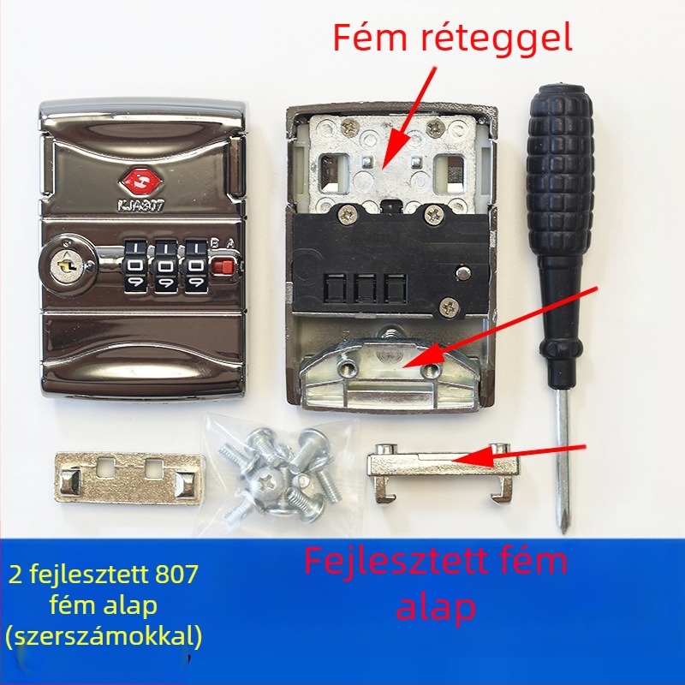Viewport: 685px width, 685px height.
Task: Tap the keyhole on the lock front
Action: tap(67, 265)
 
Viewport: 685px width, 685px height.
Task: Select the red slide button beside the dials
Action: tap(223, 266)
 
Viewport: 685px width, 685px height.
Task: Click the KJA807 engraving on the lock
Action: tap(140, 205)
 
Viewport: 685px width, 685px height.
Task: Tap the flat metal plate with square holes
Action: tap(130, 479)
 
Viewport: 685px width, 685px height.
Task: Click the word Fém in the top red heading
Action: tap(370, 38)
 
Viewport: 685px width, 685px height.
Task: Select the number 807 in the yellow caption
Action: tap(176, 574)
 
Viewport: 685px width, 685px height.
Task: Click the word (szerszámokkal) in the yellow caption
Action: tap(104, 636)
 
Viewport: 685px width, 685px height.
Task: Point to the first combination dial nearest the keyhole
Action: tap(136, 266)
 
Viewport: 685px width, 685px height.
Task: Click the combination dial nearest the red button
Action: tap(196, 266)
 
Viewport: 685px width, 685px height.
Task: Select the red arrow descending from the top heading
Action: tap(408, 117)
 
